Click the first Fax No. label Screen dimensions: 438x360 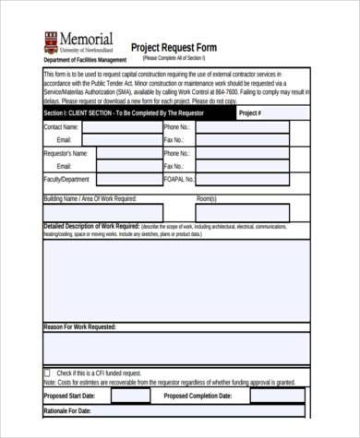tap(175, 140)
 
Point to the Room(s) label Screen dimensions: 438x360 tap(206, 198)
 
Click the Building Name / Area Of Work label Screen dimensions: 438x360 tap(90, 198)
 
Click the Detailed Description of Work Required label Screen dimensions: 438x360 tap(91, 226)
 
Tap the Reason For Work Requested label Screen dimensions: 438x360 tap(79, 326)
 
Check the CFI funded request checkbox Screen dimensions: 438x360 tap(47, 373)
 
